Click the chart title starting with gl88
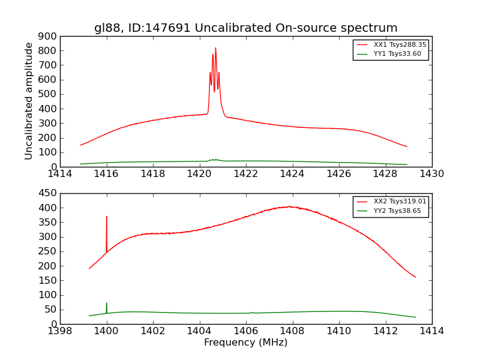[x=246, y=28]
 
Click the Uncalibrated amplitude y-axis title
[x=29, y=101]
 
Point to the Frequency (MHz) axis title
[x=246, y=343]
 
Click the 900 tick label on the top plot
[x=48, y=36]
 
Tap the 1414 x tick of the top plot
[x=60, y=174]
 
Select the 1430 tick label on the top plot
[x=431, y=174]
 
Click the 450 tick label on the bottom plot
[x=48, y=193]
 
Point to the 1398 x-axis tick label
[x=60, y=331]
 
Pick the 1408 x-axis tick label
[x=292, y=331]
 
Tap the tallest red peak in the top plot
[x=215, y=48]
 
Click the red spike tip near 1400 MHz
[x=107, y=217]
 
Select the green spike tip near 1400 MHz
[x=107, y=303]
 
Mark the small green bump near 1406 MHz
[x=252, y=312]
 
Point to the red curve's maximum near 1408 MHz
[x=289, y=206]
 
